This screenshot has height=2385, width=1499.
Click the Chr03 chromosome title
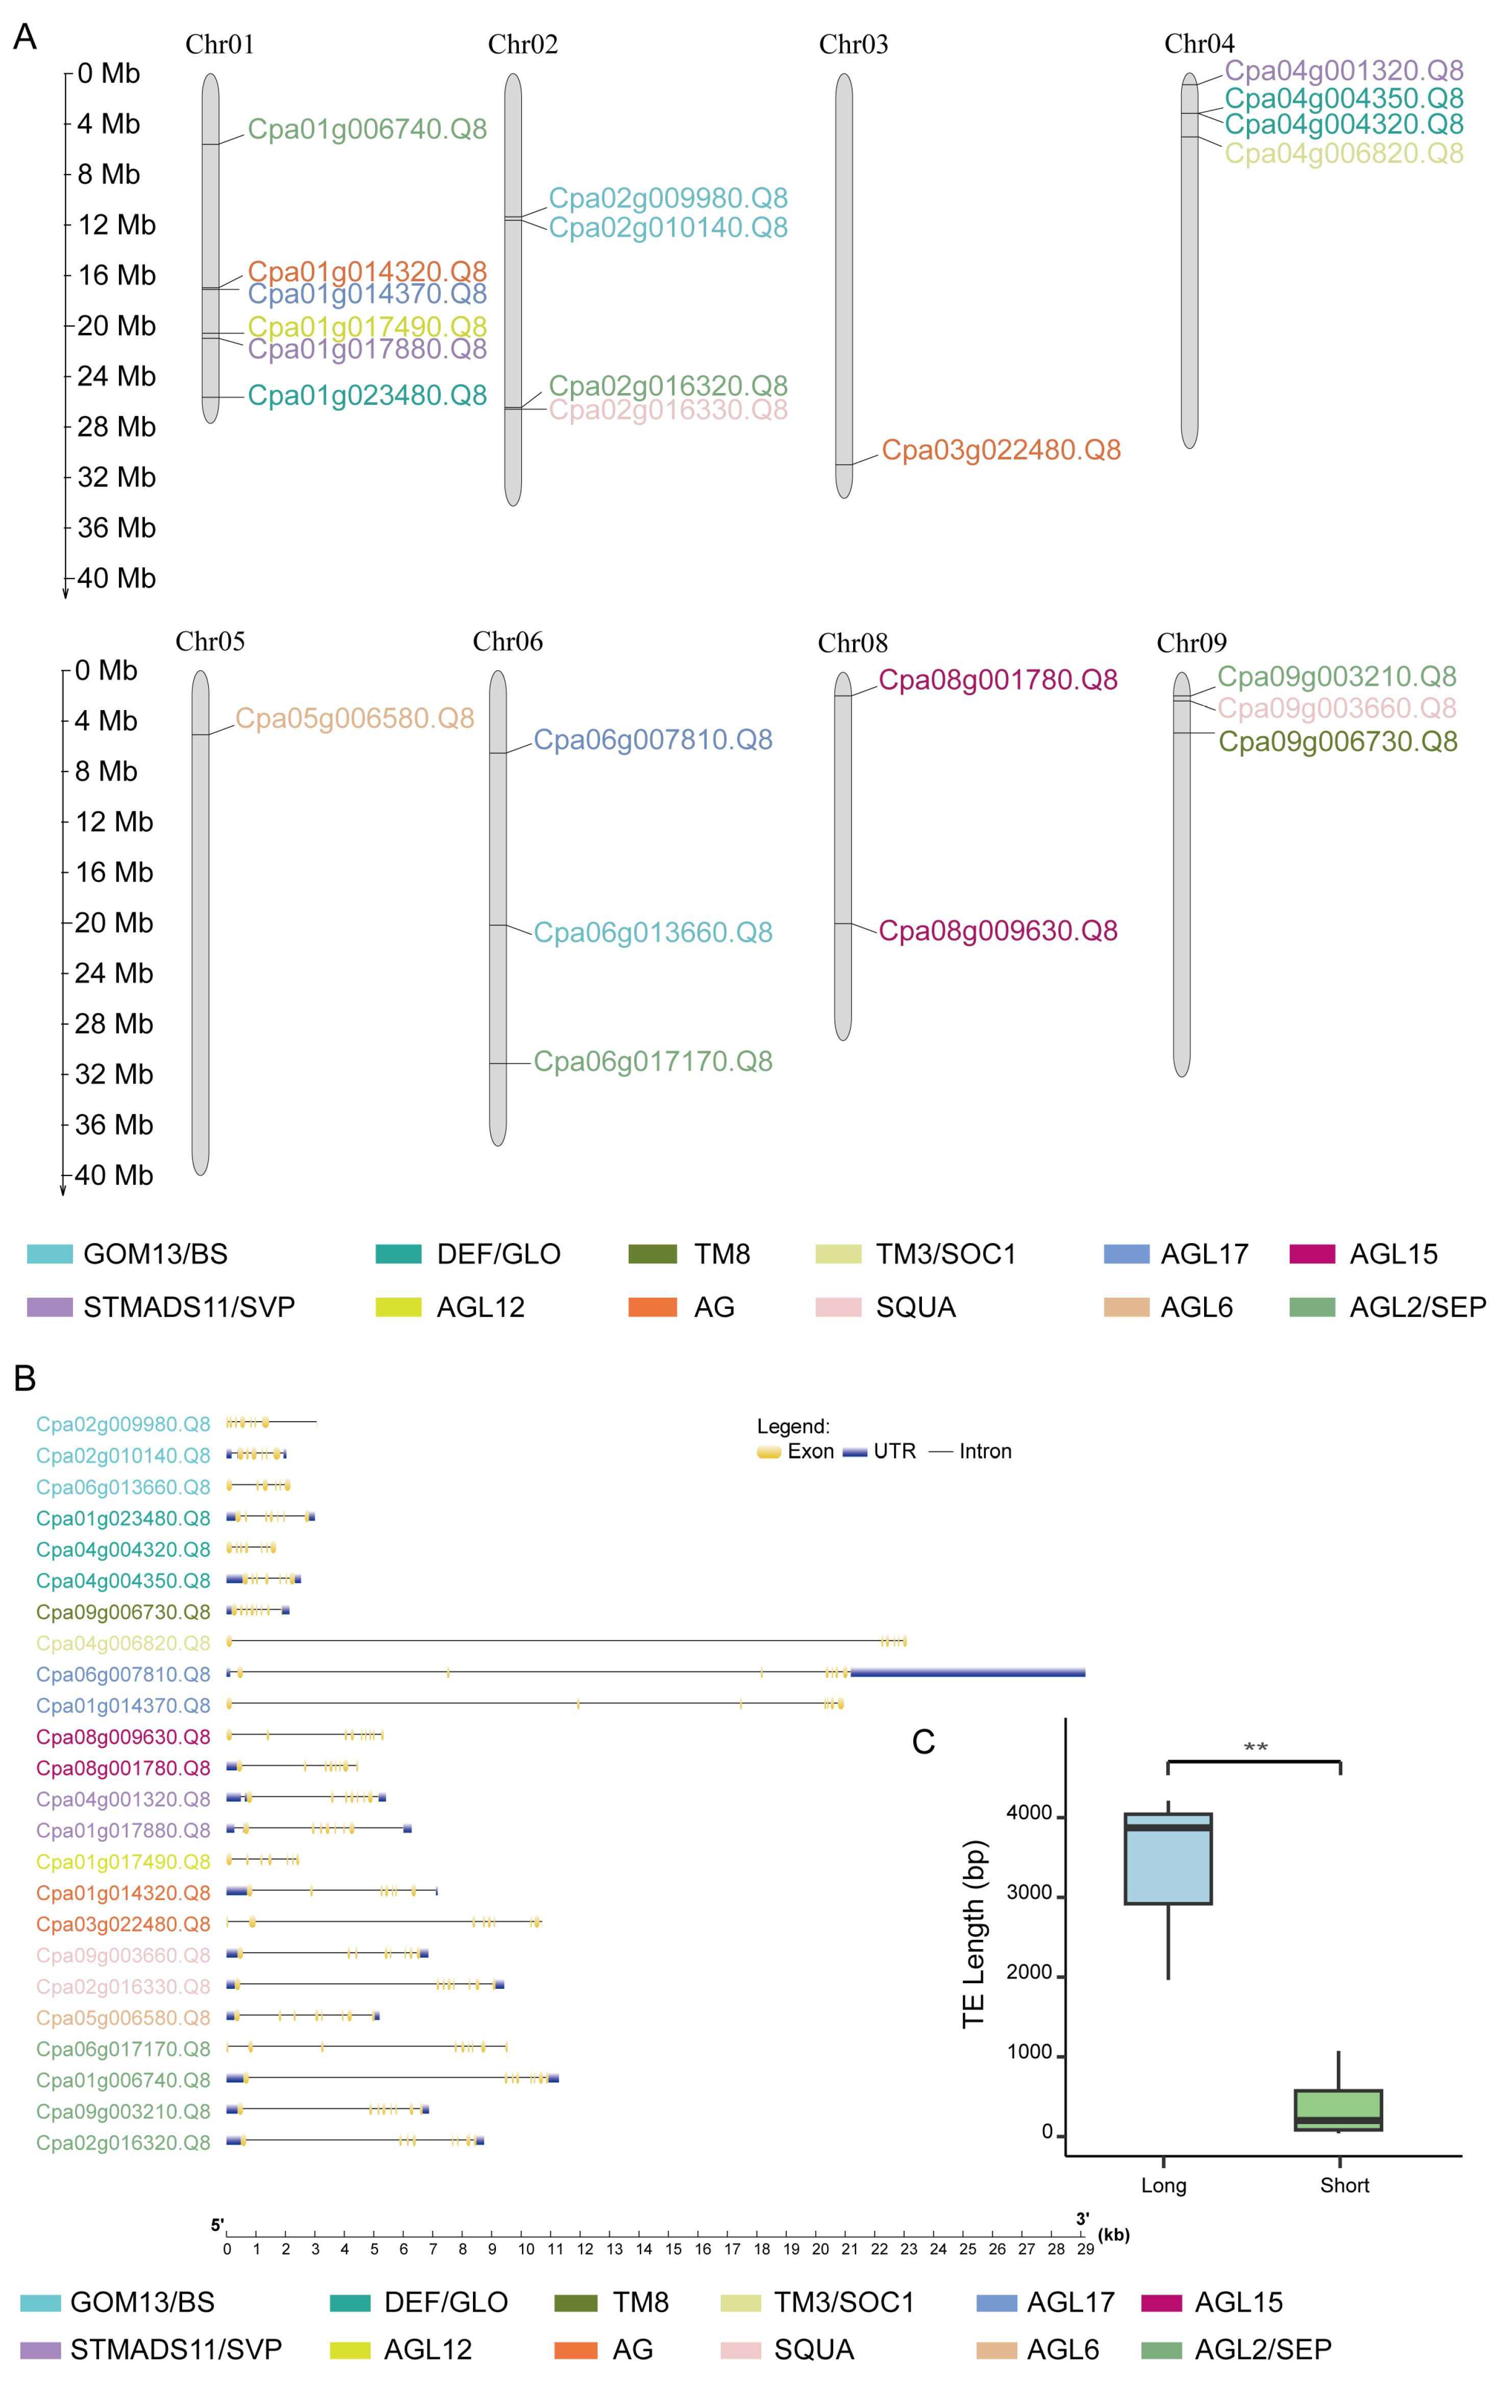coord(853,44)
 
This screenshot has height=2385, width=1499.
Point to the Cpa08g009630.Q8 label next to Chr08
coord(997,931)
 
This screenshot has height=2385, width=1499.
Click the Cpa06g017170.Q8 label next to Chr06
coord(653,1062)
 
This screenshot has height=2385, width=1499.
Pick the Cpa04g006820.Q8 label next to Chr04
coord(1342,154)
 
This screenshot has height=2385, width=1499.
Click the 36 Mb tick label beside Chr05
coord(114,1125)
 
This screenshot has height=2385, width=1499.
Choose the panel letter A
coord(25,38)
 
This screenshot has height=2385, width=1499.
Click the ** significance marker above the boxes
coord(1255,1748)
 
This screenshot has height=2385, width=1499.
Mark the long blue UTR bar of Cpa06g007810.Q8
coord(967,1673)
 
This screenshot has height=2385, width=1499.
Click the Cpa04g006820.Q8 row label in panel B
coord(123,1643)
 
